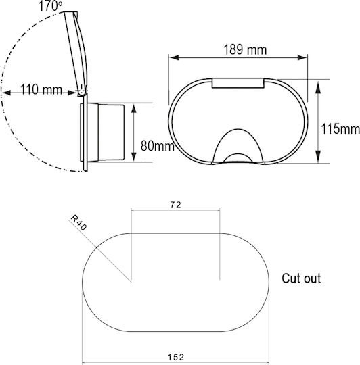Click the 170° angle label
coord(50,6)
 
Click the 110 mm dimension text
coord(41,89)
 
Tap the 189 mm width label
coord(245,49)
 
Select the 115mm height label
coord(340,128)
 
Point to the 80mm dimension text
coord(158,146)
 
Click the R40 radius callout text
coord(78,222)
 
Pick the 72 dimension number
coord(175,205)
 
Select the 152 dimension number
coord(176,357)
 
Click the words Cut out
coord(301,278)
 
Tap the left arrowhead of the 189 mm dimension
coord(174,57)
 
